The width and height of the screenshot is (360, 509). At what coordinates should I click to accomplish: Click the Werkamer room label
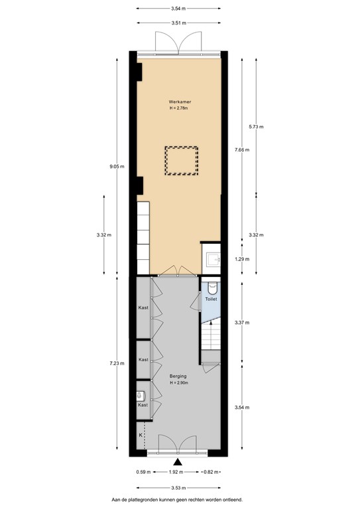[179, 101]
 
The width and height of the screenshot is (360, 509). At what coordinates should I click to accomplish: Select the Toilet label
[211, 300]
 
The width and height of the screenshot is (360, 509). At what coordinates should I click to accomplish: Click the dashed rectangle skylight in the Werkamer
[181, 160]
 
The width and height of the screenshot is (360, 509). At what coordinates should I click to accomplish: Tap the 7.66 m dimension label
[242, 150]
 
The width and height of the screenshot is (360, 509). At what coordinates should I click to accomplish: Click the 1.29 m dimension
[242, 259]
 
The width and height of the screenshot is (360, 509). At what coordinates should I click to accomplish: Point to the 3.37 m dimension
[242, 322]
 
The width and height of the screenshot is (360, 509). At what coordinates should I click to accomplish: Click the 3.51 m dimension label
[178, 23]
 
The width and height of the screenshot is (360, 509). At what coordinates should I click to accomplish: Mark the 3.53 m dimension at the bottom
[178, 486]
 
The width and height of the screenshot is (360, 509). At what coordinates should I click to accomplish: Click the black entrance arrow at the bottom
[177, 462]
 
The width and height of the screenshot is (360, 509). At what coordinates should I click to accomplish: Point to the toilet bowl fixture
[211, 287]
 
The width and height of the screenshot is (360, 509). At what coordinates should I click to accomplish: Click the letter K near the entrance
[141, 435]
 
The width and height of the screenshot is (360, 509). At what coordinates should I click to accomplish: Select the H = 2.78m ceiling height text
[179, 108]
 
